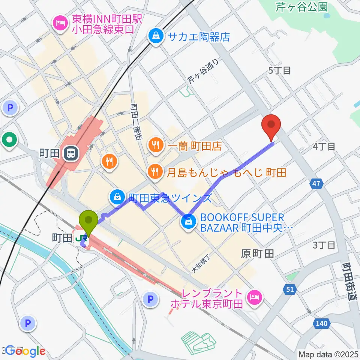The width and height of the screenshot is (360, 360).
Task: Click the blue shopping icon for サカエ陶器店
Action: pyautogui.click(x=155, y=36)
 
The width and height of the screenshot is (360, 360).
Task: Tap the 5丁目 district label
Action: pyautogui.click(x=279, y=70)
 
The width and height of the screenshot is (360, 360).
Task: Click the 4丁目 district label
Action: pyautogui.click(x=324, y=146)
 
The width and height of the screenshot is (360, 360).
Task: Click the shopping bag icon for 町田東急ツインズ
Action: pyautogui.click(x=117, y=196)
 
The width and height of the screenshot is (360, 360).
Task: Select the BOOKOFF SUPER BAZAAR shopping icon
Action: pyautogui.click(x=188, y=222)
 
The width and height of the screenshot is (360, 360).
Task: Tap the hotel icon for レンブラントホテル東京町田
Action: pyautogui.click(x=255, y=298)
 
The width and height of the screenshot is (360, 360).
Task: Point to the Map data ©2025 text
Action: pyautogui.click(x=328, y=354)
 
